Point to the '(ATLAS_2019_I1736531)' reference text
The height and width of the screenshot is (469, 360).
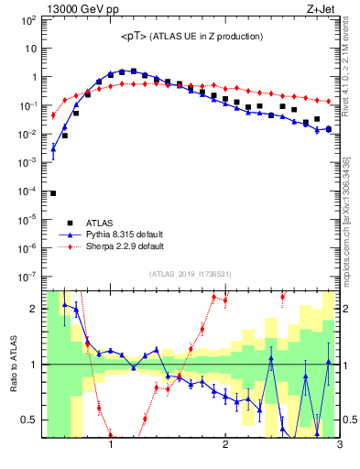[190, 274]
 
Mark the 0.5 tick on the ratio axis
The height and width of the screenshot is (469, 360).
[30, 420]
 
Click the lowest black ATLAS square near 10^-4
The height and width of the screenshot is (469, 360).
[53, 193]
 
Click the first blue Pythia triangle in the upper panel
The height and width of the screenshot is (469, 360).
[53, 147]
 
